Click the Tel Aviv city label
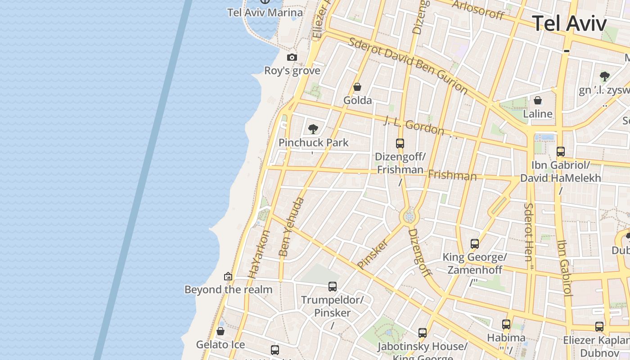[x=569, y=23]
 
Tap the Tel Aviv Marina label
[x=265, y=12]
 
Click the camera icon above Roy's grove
[x=292, y=58]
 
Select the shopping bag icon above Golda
[x=357, y=87]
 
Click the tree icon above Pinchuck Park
[x=313, y=130]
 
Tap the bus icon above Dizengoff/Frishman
[x=400, y=144]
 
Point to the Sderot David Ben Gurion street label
[x=408, y=65]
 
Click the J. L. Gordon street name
[x=414, y=126]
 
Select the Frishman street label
[x=452, y=175]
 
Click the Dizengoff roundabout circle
[x=409, y=217]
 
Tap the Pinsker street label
[x=372, y=255]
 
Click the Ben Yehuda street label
[x=292, y=227]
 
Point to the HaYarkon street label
[x=259, y=254]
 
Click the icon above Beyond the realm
[x=228, y=276]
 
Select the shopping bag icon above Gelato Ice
[x=220, y=332]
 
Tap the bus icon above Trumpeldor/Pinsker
[x=333, y=287]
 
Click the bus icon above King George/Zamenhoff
[x=475, y=244]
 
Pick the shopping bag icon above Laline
[x=538, y=100]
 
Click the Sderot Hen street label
[x=528, y=232]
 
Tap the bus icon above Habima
[x=506, y=324]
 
